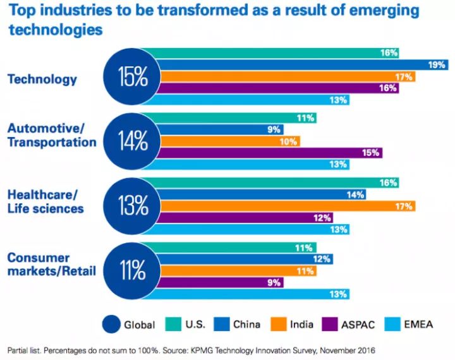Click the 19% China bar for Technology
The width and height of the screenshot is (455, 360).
(297, 64)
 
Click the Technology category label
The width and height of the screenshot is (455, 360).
(42, 80)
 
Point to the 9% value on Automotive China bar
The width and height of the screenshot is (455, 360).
(275, 129)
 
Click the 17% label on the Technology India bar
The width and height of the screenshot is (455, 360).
(404, 76)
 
